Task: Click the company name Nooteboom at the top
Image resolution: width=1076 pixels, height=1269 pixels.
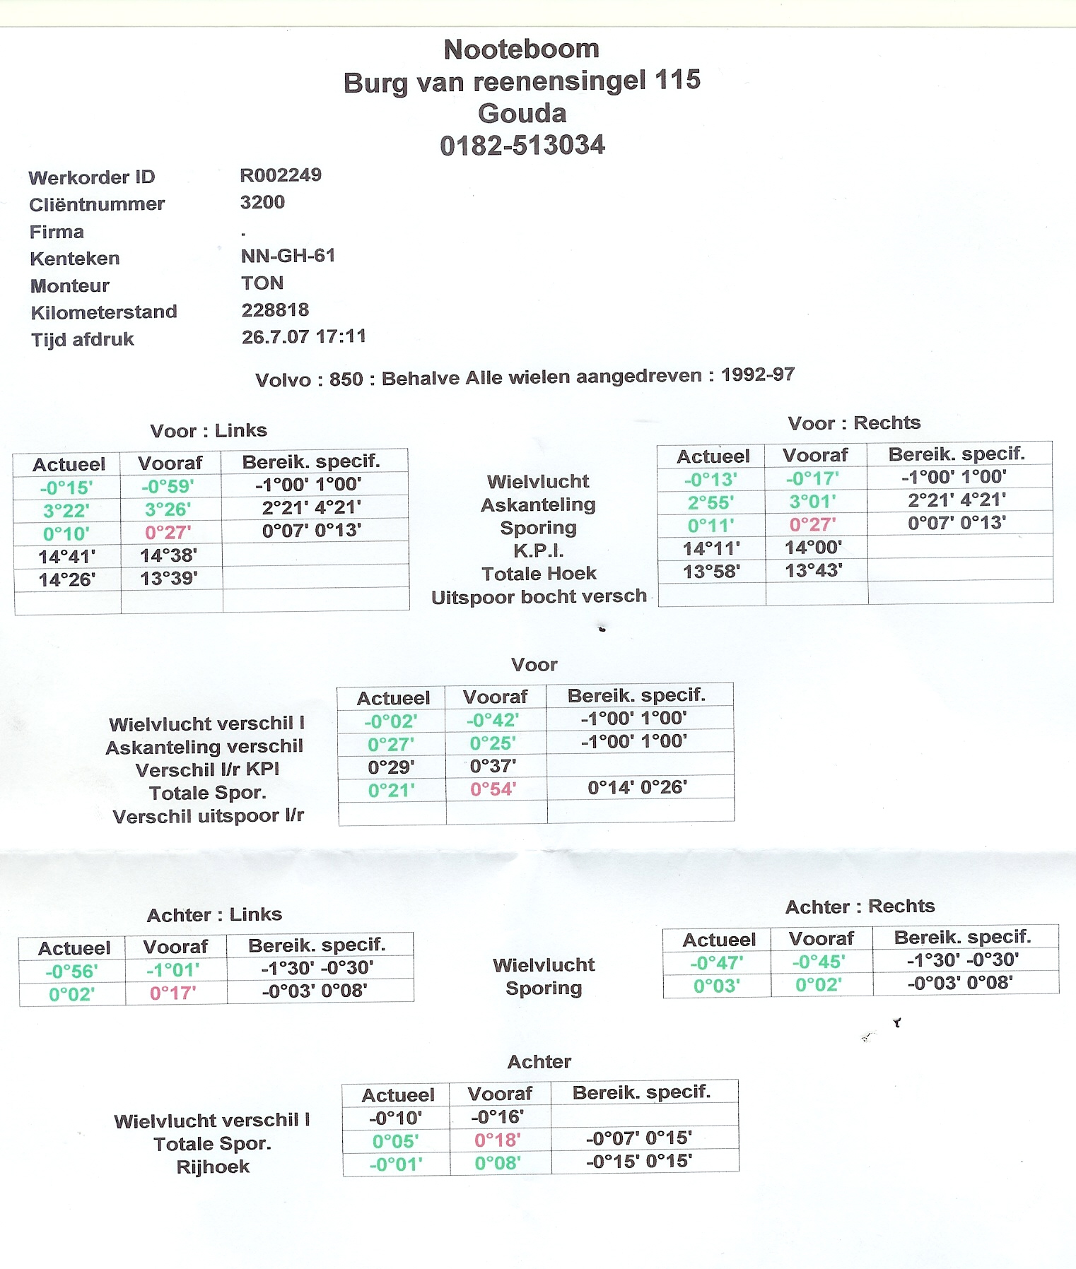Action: tap(522, 49)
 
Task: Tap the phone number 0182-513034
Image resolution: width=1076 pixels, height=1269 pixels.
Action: tap(522, 146)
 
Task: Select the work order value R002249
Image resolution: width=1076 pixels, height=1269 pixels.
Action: tap(281, 175)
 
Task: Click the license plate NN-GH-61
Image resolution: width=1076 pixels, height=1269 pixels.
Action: tap(288, 256)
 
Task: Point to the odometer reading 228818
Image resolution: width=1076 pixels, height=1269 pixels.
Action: tap(275, 310)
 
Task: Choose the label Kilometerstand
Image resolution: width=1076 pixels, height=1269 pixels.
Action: tap(103, 312)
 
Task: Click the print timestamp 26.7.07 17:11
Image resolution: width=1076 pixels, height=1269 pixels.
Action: tap(303, 337)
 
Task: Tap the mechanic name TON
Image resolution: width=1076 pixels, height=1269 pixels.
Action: tap(262, 283)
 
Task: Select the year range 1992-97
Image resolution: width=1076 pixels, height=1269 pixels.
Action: tap(757, 374)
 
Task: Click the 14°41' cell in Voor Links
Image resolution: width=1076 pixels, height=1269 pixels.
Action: tap(66, 557)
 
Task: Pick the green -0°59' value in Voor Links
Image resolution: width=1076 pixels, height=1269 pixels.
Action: tap(168, 487)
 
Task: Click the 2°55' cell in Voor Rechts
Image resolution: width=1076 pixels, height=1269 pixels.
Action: tap(710, 502)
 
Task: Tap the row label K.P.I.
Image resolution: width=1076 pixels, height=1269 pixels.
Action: tap(538, 550)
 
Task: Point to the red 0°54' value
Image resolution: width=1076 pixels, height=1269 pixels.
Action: tap(493, 789)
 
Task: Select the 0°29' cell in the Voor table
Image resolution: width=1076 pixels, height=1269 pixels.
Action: tap(391, 767)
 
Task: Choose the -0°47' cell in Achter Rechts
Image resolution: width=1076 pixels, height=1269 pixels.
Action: tap(716, 962)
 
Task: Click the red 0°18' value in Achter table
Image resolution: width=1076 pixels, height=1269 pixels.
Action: tap(497, 1140)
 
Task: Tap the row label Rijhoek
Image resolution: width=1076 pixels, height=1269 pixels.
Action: tap(213, 1167)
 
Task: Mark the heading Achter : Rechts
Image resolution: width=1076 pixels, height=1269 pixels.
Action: tap(860, 907)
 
